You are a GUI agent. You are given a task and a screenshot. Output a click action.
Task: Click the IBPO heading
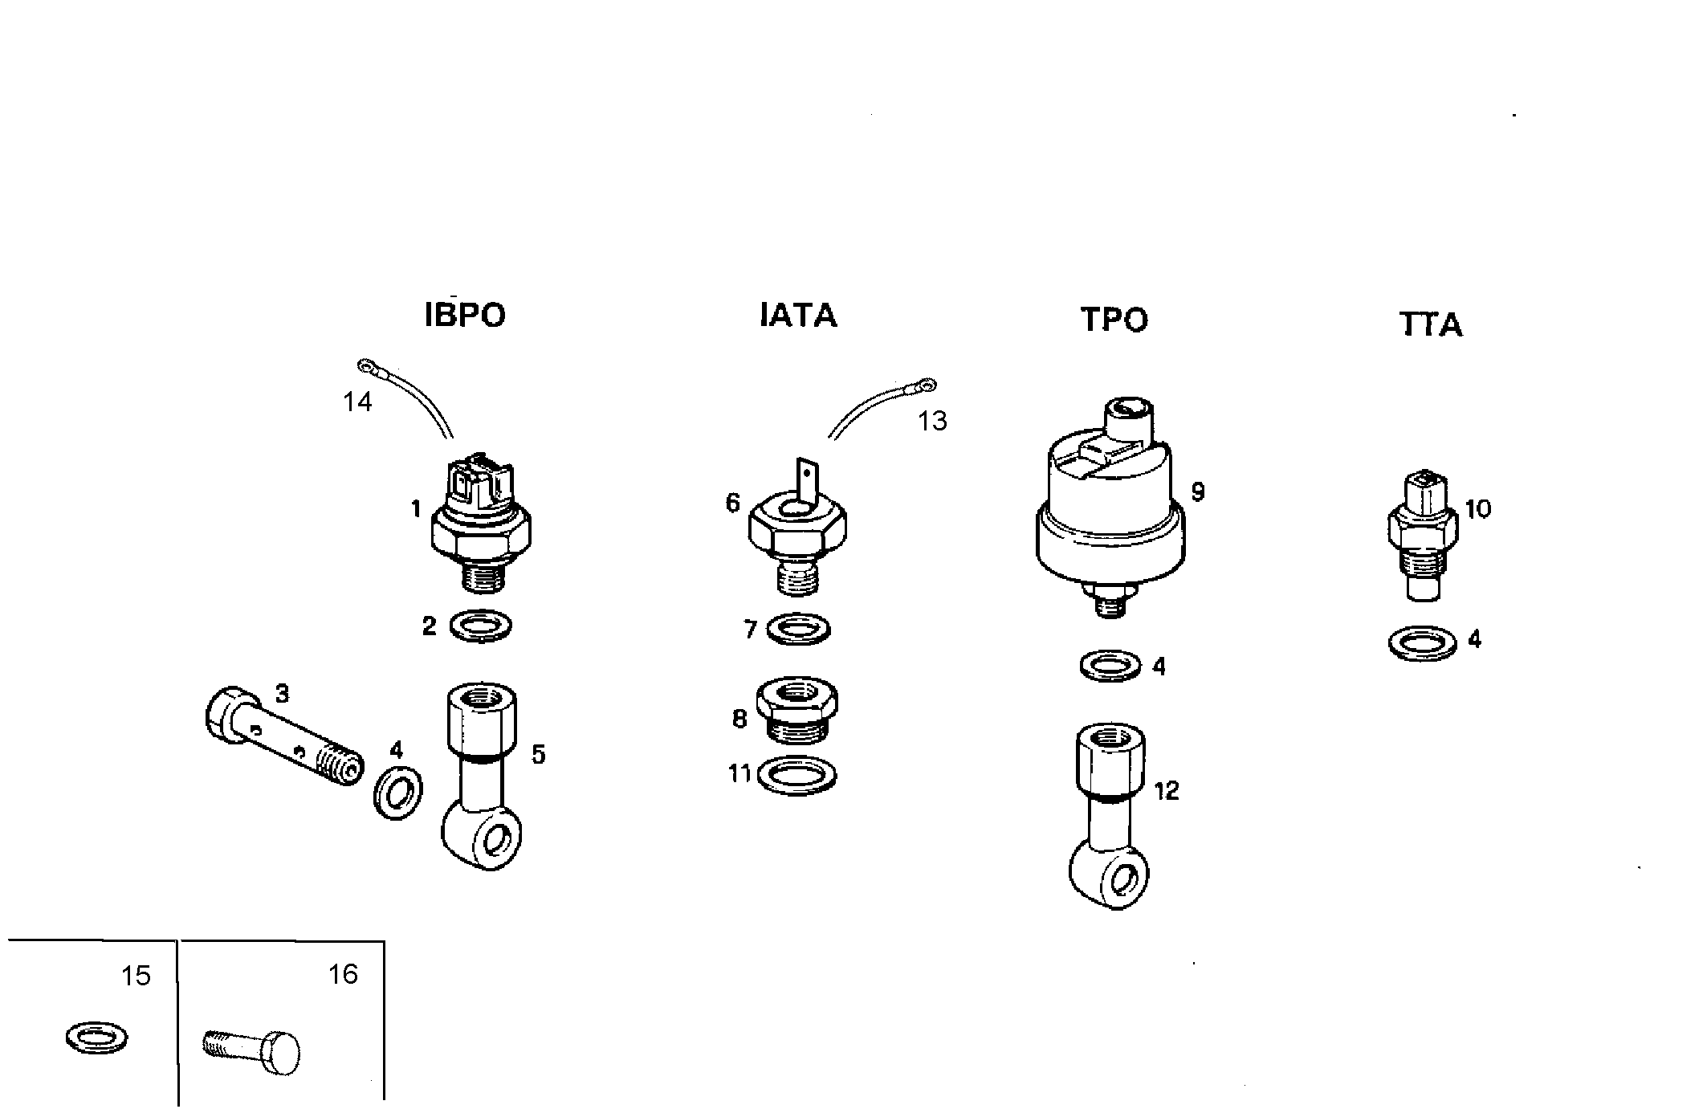coord(465,315)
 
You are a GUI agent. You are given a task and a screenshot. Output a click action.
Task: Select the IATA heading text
coord(798,315)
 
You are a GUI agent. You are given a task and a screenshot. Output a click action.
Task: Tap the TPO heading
coord(1114,320)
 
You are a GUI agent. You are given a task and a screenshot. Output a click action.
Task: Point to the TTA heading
coord(1430,324)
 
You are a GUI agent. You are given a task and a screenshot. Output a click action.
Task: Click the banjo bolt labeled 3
coord(281,735)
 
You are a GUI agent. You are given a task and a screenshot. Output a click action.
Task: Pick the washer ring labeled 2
coord(481,626)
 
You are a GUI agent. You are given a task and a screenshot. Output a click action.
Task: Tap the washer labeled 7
coord(798,628)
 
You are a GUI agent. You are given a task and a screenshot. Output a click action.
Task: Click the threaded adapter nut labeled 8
coord(797,711)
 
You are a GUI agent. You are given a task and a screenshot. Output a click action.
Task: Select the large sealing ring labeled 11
coord(797,775)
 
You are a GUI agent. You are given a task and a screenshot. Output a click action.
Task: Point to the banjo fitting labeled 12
coord(1110,815)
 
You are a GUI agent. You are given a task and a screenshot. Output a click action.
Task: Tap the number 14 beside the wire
coord(357,402)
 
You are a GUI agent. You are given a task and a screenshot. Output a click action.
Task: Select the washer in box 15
coord(96,1038)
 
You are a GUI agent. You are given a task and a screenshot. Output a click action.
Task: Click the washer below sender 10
coord(1422,642)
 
